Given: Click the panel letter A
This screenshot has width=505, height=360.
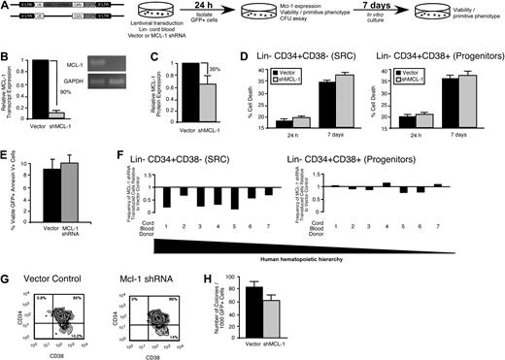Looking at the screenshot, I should pyautogui.click(x=6, y=7).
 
